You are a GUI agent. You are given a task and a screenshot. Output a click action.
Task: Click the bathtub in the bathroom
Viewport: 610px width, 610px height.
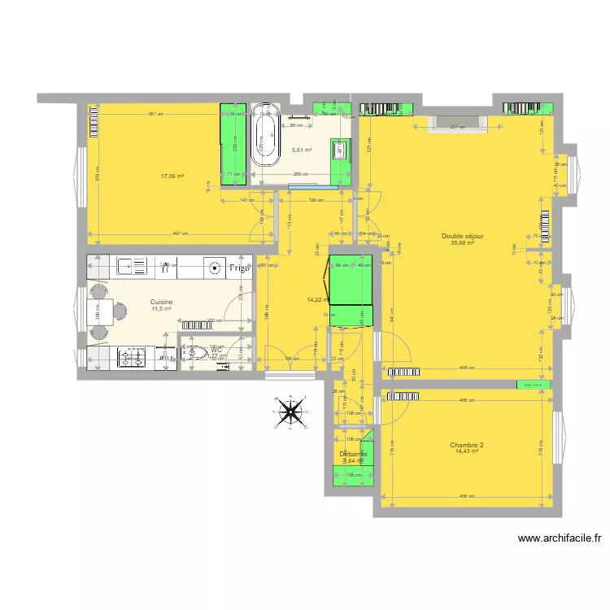pos(264,135)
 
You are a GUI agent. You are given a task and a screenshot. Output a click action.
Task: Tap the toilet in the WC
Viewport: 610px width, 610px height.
pos(194,353)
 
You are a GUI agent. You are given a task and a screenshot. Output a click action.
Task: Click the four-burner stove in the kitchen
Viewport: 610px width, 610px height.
pos(130,355)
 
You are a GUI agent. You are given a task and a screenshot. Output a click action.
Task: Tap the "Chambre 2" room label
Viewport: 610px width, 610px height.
pos(467,445)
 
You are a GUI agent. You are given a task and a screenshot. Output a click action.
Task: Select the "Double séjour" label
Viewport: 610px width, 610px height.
pos(463,236)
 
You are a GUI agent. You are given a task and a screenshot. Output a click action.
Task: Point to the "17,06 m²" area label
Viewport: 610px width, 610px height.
pos(172,176)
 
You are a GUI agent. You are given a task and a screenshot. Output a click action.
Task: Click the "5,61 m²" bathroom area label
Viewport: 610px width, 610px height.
pos(302,150)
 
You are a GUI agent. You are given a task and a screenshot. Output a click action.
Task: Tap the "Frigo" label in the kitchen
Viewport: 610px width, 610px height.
pos(239,268)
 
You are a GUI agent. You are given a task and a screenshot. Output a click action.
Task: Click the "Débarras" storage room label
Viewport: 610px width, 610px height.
pos(353,454)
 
